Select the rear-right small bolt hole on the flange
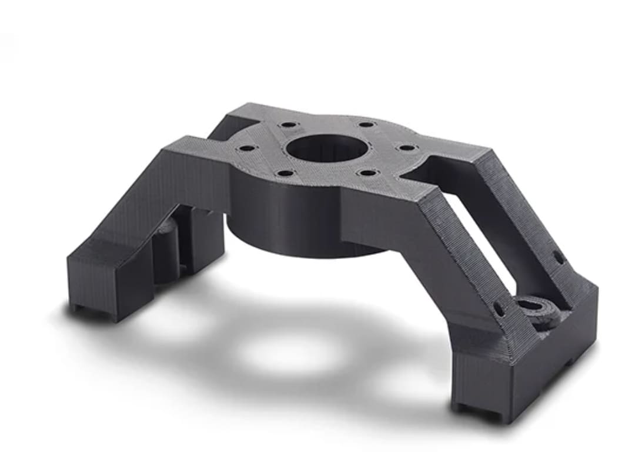coord(366,125)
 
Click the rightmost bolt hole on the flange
coord(406,147)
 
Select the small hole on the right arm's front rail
coord(498,308)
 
